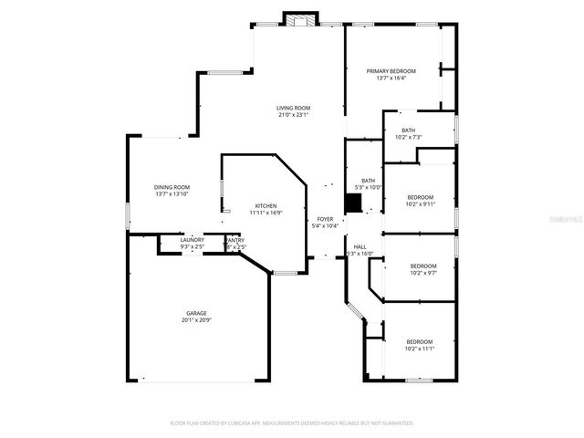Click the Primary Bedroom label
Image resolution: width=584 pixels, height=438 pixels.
pyautogui.click(x=391, y=71)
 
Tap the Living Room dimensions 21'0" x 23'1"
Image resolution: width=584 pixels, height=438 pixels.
pyautogui.click(x=294, y=115)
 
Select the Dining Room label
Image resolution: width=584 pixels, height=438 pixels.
pyautogui.click(x=172, y=187)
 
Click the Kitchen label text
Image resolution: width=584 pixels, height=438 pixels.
pyautogui.click(x=266, y=205)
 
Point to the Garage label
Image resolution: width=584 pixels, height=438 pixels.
pyautogui.click(x=196, y=313)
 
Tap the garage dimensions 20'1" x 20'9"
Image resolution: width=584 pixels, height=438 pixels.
pyautogui.click(x=196, y=321)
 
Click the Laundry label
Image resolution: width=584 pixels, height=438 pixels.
pyautogui.click(x=192, y=240)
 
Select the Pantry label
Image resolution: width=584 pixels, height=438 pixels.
pyautogui.click(x=235, y=240)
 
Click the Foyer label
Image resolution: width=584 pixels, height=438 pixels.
pyautogui.click(x=325, y=219)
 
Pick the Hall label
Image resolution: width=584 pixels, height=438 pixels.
pyautogui.click(x=360, y=246)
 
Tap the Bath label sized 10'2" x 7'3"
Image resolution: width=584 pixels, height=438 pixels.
pyautogui.click(x=408, y=130)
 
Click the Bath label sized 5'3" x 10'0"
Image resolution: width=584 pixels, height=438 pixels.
pyautogui.click(x=368, y=181)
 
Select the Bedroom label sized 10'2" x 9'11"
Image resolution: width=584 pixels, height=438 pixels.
pyautogui.click(x=420, y=197)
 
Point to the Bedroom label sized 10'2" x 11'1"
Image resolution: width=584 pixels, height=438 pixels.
pyautogui.click(x=420, y=341)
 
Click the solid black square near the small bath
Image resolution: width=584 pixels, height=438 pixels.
pyautogui.click(x=352, y=203)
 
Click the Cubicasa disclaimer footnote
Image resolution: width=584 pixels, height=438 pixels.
pyautogui.click(x=292, y=423)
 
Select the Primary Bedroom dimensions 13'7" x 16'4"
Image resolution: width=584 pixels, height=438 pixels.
pyautogui.click(x=391, y=78)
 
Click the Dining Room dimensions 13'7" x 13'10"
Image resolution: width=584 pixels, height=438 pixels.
pyautogui.click(x=172, y=194)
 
